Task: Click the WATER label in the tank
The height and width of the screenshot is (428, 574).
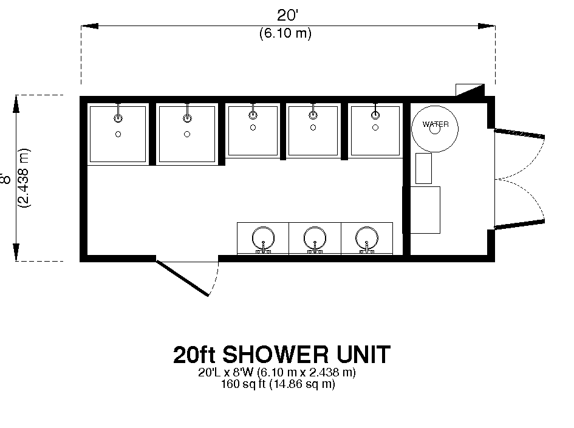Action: pos(436,124)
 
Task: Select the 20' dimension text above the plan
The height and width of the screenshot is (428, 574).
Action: pos(287,15)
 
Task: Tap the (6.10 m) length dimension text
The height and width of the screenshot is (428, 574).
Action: pos(285,33)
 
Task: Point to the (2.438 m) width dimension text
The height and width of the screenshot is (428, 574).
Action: pos(24,178)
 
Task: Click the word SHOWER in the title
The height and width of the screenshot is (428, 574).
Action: pos(275,354)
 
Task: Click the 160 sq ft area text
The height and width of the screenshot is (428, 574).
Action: pos(244,384)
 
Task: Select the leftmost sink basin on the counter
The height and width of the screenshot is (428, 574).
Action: pos(263,238)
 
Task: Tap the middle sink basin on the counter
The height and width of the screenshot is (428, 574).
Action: pos(315,238)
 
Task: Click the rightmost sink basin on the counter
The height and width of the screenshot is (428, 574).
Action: pos(366,238)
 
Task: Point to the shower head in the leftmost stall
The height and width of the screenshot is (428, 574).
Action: pos(118,118)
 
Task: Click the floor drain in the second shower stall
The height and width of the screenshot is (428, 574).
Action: pos(187,134)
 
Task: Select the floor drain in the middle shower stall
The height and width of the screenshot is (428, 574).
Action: pos(253,127)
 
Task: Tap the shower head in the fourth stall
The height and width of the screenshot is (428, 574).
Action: pos(313,115)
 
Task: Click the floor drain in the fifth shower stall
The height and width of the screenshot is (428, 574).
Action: pos(375,127)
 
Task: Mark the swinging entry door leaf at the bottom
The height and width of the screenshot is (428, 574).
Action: pos(182,278)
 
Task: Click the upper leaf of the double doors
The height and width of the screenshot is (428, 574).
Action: pos(519,133)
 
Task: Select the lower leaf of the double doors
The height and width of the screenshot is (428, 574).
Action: pos(519,223)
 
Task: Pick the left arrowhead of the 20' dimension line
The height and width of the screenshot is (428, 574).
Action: pos(90,26)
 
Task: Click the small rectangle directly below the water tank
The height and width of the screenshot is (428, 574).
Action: pos(423,168)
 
